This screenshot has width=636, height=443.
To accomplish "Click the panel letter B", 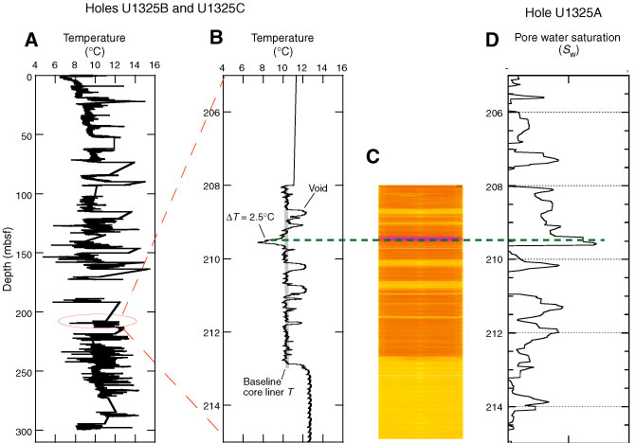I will coord(215,39).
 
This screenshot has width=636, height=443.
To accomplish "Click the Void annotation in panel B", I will coord(318,188).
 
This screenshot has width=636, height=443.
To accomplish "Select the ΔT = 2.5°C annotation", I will coord(250,217).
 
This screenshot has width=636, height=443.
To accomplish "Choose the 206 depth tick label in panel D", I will coord(494,113).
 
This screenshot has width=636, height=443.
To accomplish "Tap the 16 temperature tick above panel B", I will coord(341,68).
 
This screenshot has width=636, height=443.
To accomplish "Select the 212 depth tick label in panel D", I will coord(494,333).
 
